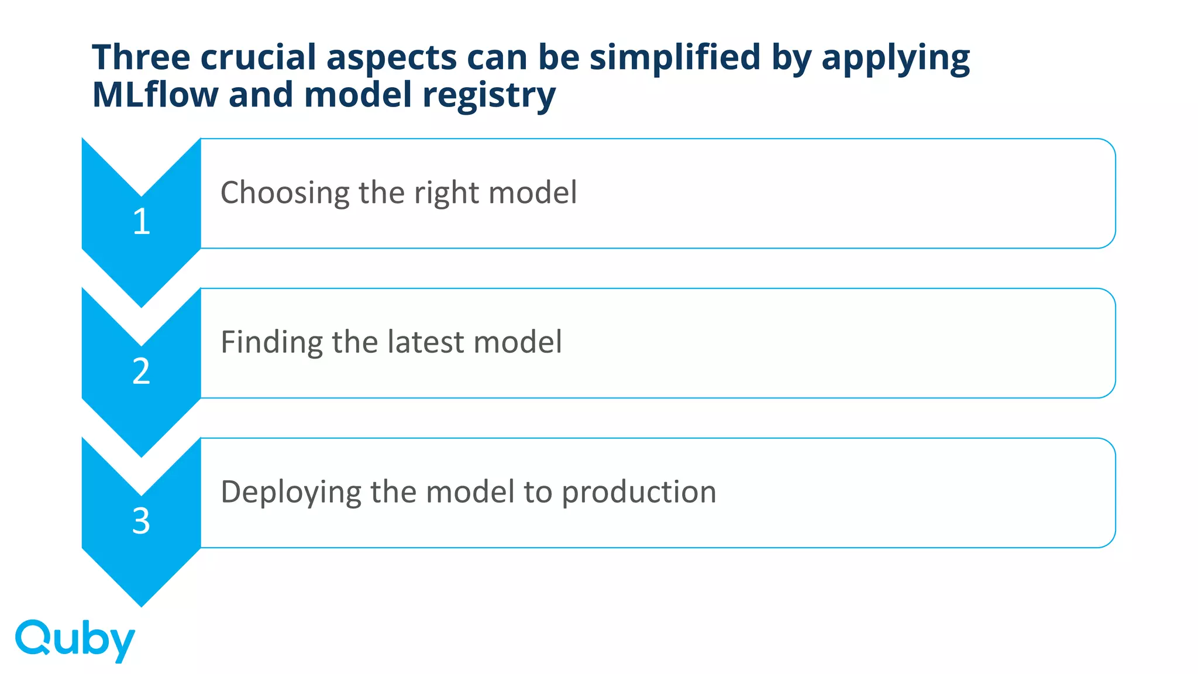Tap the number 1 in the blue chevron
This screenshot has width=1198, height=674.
tap(142, 222)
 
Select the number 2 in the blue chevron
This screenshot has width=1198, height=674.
tap(142, 372)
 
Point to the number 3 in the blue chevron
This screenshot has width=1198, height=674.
tap(142, 521)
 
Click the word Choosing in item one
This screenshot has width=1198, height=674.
tap(284, 193)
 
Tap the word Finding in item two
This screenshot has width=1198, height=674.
tap(271, 343)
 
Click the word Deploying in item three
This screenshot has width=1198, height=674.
tap(291, 493)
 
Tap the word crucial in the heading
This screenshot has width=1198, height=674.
tap(257, 57)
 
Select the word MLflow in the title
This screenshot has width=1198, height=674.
tap(155, 95)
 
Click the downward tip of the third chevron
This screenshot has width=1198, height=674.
tap(142, 603)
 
